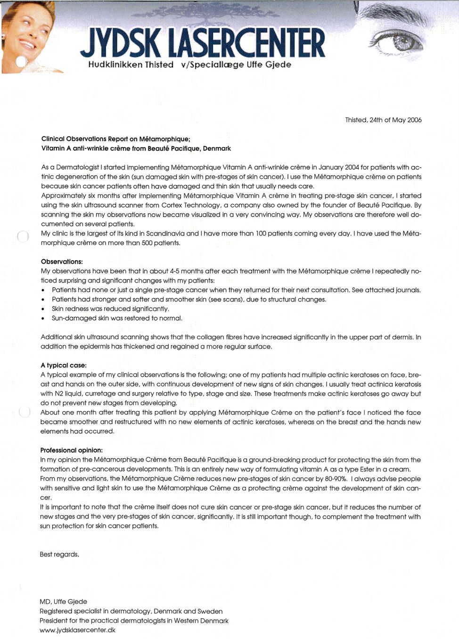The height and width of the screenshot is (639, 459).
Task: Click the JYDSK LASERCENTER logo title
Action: click(x=203, y=43)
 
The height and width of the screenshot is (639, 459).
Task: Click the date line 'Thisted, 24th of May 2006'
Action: click(x=383, y=120)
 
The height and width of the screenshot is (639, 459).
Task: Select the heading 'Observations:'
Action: click(x=62, y=262)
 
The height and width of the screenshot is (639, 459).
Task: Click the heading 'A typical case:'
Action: click(x=64, y=365)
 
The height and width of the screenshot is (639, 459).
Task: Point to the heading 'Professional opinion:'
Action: click(x=71, y=450)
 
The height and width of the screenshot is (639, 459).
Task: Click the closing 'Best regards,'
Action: click(x=59, y=554)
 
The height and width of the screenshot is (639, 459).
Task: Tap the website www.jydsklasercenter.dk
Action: click(x=77, y=630)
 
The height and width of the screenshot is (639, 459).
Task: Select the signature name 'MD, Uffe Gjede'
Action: click(x=63, y=602)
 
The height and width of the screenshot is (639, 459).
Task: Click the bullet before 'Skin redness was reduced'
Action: click(x=43, y=309)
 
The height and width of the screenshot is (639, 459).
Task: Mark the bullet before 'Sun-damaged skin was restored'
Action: click(x=43, y=319)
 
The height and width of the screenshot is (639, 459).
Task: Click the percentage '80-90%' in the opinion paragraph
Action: click(x=336, y=479)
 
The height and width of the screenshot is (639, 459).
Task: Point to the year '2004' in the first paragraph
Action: click(x=352, y=167)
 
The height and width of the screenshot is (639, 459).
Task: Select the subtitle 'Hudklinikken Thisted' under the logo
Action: click(x=131, y=65)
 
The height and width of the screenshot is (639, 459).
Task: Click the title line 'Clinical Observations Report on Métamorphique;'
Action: click(x=115, y=139)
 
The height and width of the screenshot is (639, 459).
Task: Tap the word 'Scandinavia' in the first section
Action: click(x=165, y=234)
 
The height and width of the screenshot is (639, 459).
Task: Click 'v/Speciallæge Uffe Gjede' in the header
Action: click(x=236, y=65)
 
